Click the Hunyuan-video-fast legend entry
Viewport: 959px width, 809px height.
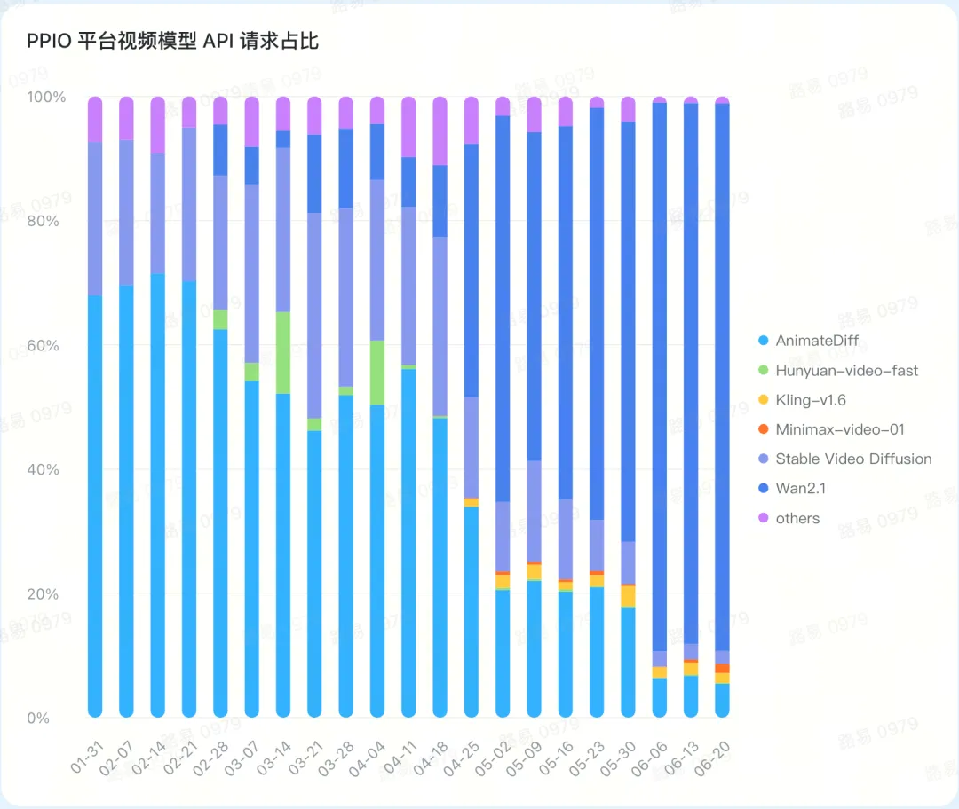coord(846,370)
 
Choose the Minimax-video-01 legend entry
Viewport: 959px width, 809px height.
coord(839,429)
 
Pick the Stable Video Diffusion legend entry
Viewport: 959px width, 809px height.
coord(852,459)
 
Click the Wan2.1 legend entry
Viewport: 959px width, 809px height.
coord(800,489)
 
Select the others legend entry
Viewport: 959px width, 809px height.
coord(797,518)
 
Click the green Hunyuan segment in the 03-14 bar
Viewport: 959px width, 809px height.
coord(283,353)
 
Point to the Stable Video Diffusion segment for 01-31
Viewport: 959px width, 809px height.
coord(95,218)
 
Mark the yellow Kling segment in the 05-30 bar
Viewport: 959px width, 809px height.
coord(629,596)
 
